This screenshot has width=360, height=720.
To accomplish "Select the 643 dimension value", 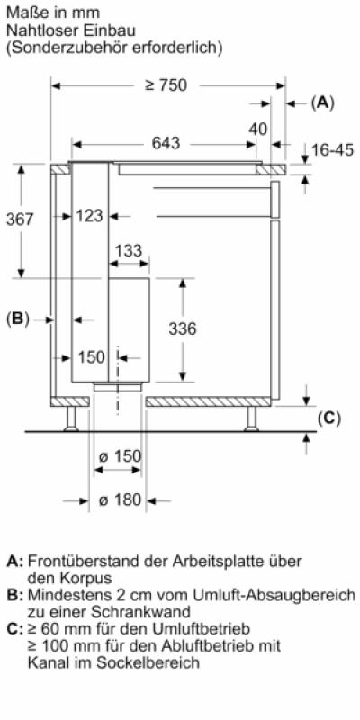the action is [166, 144].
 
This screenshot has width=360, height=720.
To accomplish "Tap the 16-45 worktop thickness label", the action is [333, 149].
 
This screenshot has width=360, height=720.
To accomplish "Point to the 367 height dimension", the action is [20, 219].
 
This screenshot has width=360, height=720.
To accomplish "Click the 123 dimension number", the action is [89, 215].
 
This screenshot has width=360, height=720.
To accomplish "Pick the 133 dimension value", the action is [129, 251].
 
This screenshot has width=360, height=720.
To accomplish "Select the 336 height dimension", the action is [183, 328].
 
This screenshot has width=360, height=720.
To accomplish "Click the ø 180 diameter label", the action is [121, 500].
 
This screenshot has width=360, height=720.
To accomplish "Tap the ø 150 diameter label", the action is [121, 456].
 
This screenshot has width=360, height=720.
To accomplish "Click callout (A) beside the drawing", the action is [323, 103].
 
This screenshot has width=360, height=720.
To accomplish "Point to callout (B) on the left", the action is [18, 319].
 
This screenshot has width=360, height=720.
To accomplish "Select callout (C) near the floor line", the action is [329, 418].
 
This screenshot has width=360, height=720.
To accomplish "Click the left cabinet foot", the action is [71, 418].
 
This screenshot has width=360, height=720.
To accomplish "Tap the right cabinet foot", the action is [251, 418].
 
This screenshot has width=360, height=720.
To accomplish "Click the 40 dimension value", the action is [258, 129].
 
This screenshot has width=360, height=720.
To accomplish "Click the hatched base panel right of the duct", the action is [208, 401].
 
